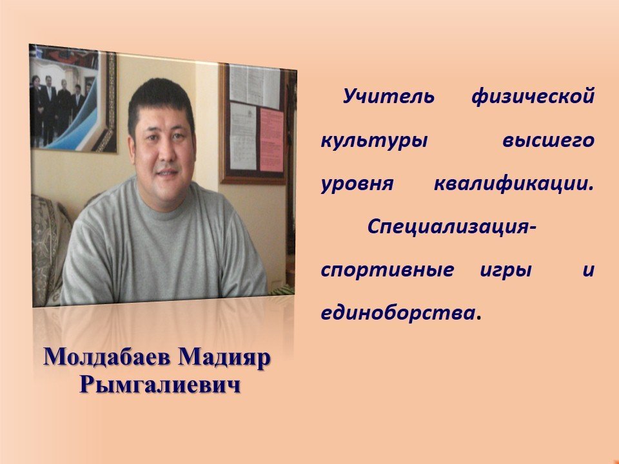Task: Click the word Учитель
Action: click(x=388, y=96)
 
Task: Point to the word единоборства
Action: click(x=398, y=313)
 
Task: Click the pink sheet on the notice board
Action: click(x=271, y=139)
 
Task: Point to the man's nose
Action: click(x=166, y=153)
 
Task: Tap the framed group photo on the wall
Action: click(x=73, y=99)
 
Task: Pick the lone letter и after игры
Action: click(x=588, y=270)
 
